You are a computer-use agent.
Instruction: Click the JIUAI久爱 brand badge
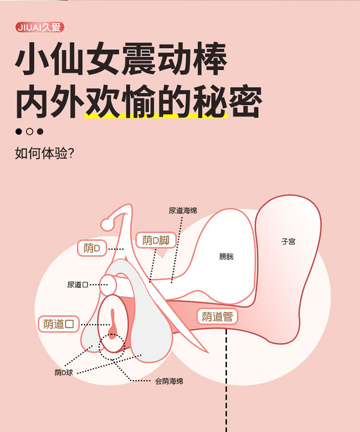(40, 27)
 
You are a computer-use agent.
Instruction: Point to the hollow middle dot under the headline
(29, 131)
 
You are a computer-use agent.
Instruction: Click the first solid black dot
(19, 131)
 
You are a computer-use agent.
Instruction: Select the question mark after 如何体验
(71, 153)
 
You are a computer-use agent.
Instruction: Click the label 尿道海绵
(183, 211)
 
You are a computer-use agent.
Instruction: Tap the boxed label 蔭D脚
(156, 240)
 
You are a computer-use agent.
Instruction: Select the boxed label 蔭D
(92, 248)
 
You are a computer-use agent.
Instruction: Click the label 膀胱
(227, 257)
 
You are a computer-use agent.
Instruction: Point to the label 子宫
(288, 242)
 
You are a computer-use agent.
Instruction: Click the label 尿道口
(78, 285)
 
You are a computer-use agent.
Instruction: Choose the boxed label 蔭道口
(59, 324)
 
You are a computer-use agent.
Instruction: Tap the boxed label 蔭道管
(217, 316)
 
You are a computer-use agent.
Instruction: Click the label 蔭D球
(64, 373)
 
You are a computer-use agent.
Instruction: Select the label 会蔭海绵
(169, 381)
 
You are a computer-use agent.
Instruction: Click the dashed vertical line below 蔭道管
(226, 380)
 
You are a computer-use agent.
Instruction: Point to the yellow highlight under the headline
(156, 116)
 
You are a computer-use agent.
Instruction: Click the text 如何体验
(41, 153)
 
